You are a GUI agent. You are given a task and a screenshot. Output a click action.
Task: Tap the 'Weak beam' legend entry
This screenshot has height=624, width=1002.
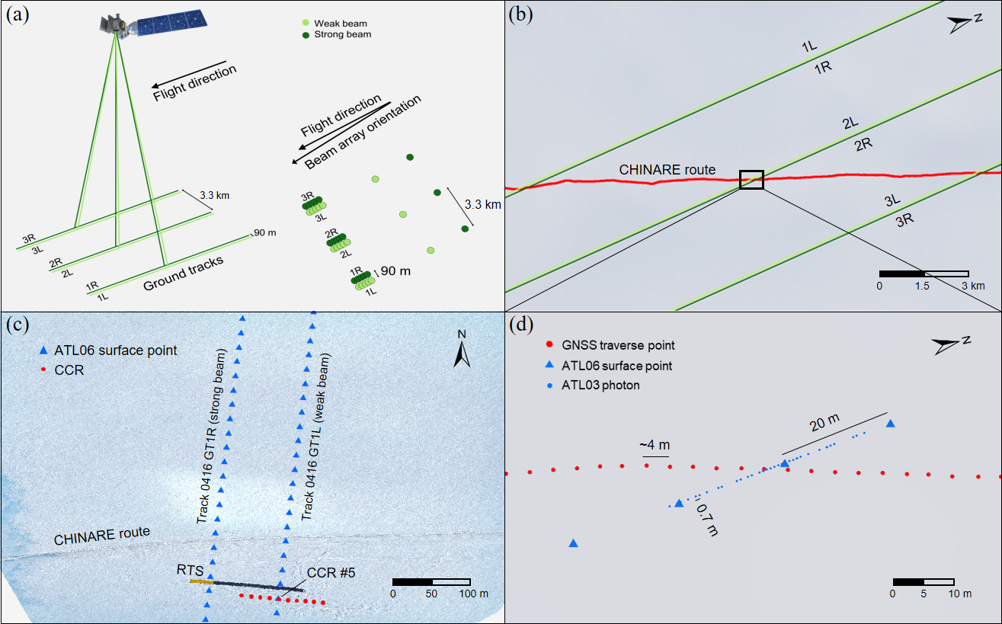335,24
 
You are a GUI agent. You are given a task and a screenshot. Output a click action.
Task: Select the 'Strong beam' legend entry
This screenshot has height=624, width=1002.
339,35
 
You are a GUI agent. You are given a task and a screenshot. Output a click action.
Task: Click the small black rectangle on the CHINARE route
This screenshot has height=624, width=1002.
751,180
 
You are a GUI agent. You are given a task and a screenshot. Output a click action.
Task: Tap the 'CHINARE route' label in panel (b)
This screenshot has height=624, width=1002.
667,169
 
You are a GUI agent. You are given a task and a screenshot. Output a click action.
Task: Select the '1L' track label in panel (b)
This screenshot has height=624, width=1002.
810,47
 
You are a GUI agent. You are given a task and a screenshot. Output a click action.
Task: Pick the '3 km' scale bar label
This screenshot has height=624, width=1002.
972,286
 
